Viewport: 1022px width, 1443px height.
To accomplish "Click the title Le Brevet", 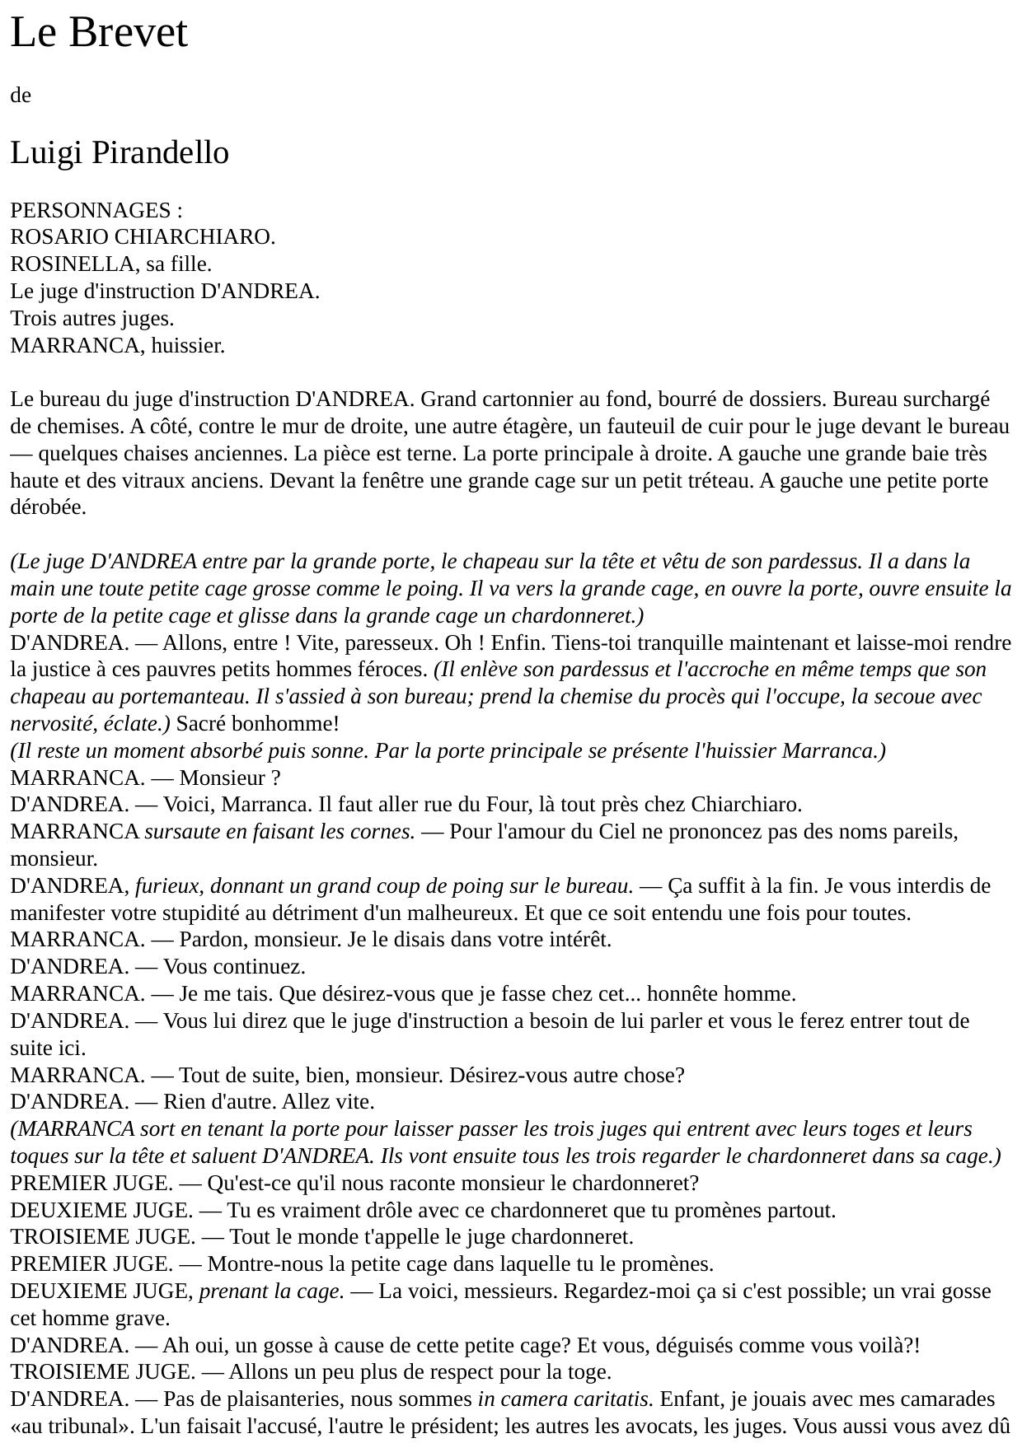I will tap(99, 33).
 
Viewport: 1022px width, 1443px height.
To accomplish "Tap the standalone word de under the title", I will tap(21, 96).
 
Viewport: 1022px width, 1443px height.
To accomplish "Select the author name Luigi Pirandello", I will tap(120, 153).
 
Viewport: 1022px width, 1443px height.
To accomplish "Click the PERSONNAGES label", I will tap(91, 210).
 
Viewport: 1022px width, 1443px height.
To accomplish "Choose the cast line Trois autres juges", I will tap(92, 319).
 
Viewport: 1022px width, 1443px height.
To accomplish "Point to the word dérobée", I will tap(47, 508).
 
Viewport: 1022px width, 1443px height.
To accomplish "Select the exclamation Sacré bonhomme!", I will tap(257, 724).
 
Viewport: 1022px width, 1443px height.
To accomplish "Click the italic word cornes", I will tap(386, 832).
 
